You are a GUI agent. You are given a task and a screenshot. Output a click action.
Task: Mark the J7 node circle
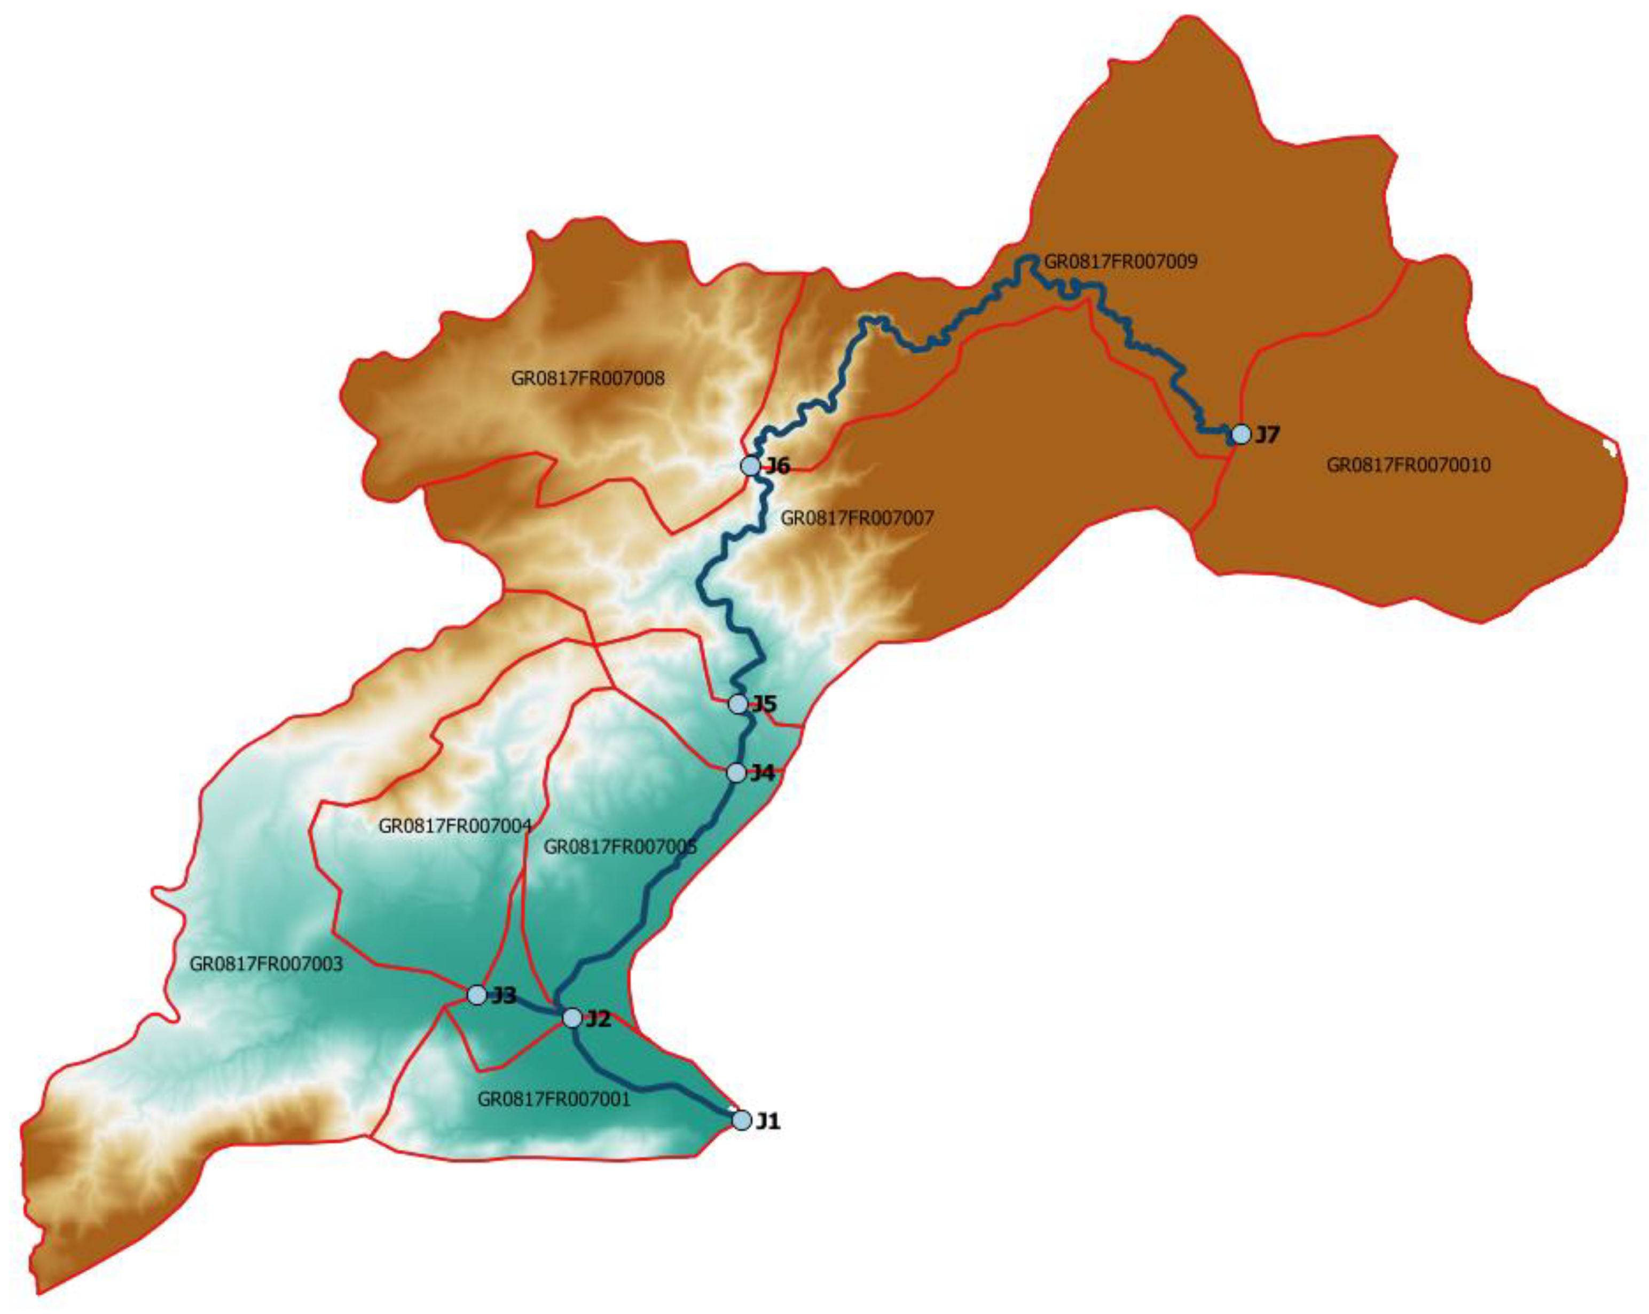[1240, 435]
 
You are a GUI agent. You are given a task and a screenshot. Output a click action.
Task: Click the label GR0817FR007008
[587, 378]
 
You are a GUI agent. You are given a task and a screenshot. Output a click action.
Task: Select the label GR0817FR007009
[1120, 262]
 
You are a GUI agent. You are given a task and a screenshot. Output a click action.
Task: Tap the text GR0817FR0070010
[1408, 465]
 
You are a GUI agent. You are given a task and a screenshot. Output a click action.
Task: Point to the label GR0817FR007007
[857, 518]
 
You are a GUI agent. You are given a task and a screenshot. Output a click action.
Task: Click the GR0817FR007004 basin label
[454, 826]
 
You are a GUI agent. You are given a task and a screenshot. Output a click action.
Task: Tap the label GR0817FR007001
[554, 1099]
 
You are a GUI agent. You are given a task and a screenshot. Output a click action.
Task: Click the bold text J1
[768, 1121]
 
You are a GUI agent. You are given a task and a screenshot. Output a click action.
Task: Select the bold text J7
[1267, 435]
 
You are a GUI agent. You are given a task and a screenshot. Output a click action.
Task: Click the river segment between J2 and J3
[526, 1008]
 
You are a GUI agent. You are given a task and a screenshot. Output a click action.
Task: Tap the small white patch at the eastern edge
[1610, 448]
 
